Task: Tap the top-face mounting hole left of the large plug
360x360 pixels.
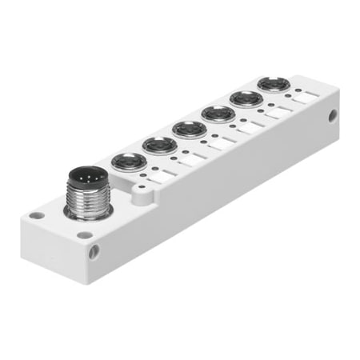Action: pyautogui.click(x=35, y=215)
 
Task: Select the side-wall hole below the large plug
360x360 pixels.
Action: pyautogui.click(x=95, y=252)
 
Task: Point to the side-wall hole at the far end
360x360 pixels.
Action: pyautogui.click(x=332, y=116)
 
